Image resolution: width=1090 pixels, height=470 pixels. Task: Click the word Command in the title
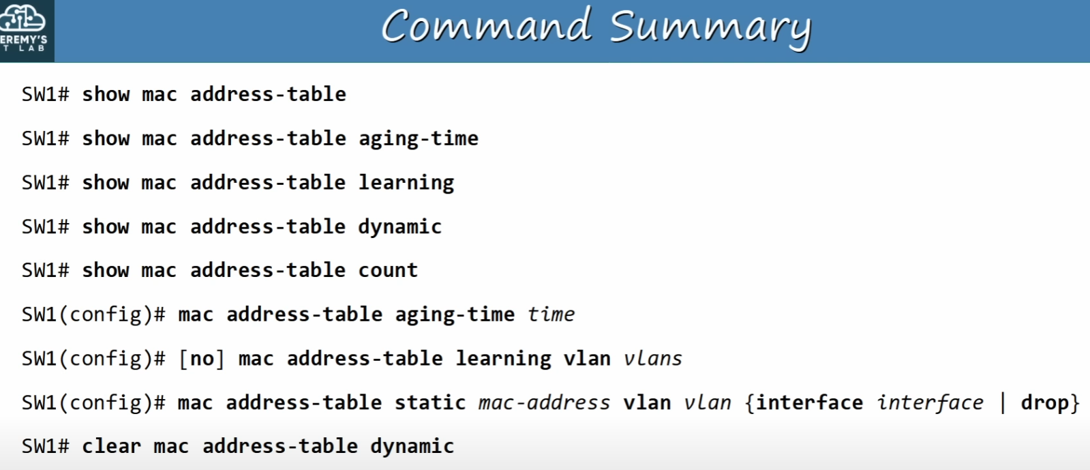point(487,25)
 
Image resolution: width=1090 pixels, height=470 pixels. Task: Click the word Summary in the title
point(710,28)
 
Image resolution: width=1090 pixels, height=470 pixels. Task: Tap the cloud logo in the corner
point(22,18)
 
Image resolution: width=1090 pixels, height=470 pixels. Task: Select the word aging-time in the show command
point(419,138)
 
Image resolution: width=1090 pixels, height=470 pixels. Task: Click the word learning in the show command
point(406,183)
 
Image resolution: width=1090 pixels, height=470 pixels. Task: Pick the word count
point(389,270)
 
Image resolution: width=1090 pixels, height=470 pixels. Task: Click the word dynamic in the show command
point(400,227)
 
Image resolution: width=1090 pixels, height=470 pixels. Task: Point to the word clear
point(111,445)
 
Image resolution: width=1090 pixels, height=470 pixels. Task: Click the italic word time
point(551,314)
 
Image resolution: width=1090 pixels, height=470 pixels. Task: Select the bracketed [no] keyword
point(202,359)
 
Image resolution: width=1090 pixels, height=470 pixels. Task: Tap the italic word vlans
point(653,358)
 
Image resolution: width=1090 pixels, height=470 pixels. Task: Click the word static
point(430,402)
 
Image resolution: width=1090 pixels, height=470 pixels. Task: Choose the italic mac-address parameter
point(544,402)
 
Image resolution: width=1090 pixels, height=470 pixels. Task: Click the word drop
point(1045,402)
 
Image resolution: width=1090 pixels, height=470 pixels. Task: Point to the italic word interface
point(930,402)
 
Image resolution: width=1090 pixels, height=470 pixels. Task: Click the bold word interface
point(810,402)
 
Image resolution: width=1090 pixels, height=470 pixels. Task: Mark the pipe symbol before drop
point(1003,402)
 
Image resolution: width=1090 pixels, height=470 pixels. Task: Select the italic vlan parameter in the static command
point(708,402)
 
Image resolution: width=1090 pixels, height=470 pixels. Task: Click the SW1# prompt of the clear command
point(45,446)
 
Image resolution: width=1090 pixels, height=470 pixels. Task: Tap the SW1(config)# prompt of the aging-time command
point(93,314)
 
